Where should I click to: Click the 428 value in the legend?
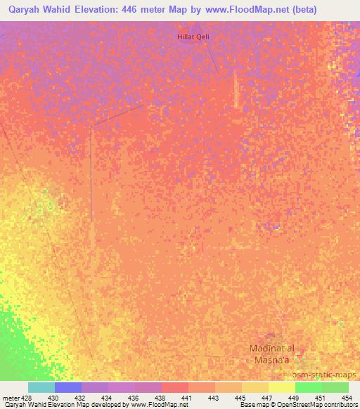tap(27, 398)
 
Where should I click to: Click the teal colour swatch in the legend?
tap(41, 387)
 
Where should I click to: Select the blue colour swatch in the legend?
tap(68, 387)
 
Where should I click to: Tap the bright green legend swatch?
tap(309, 387)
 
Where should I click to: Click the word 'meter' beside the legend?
tap(10, 398)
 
